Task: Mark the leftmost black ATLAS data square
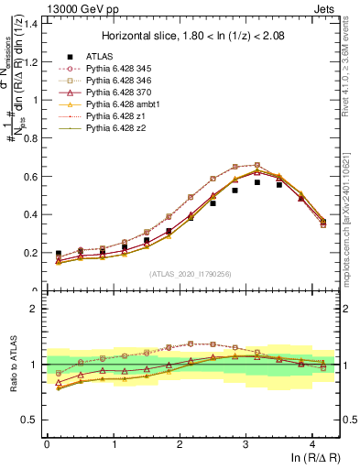pos(59,254)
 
